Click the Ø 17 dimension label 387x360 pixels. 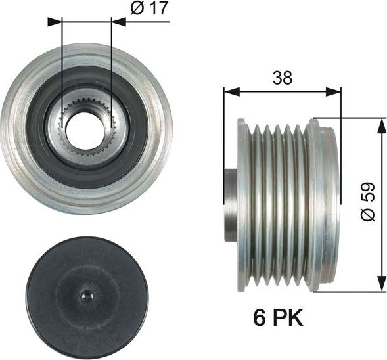pyautogui.click(x=149, y=8)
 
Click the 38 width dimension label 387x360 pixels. pyautogui.click(x=282, y=78)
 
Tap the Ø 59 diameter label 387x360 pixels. pyautogui.click(x=367, y=202)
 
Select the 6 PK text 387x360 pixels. pyautogui.click(x=278, y=318)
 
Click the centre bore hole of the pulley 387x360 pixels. pyautogui.click(x=83, y=131)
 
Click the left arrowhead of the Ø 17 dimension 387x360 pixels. pyautogui.click(x=54, y=22)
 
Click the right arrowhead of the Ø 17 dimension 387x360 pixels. pyautogui.click(x=119, y=22)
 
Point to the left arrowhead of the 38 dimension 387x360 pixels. pyautogui.click(x=231, y=91)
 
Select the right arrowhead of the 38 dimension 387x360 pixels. pyautogui.click(x=333, y=91)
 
